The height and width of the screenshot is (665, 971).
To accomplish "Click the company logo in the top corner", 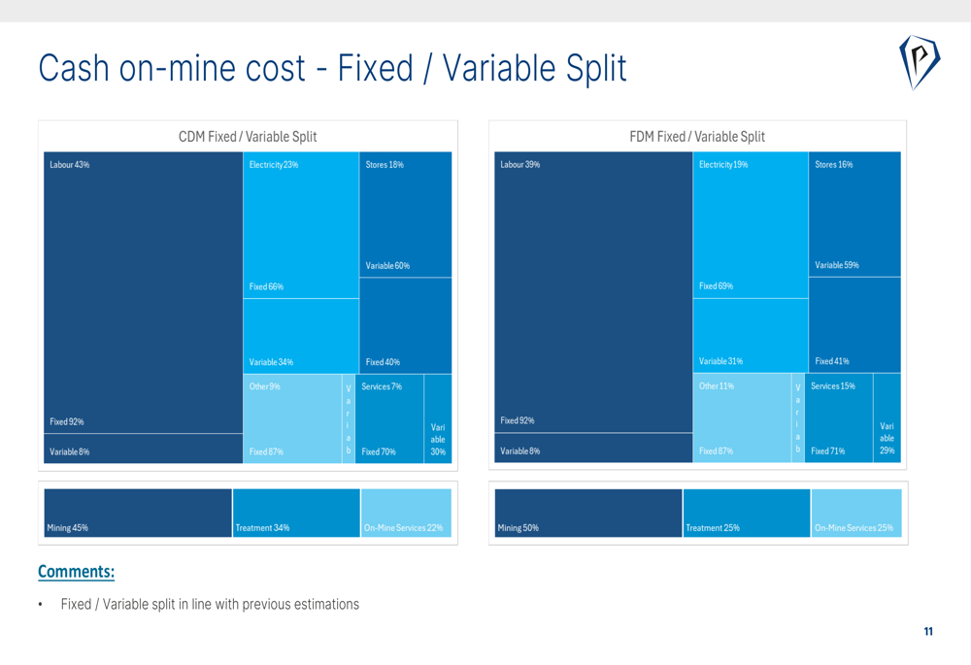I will click(x=919, y=62).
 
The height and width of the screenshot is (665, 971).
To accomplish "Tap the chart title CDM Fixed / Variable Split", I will click(x=248, y=137).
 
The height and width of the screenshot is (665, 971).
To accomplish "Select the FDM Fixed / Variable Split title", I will click(x=697, y=137).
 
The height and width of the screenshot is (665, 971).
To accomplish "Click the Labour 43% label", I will click(x=70, y=165).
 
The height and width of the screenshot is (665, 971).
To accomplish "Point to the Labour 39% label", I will click(x=519, y=165).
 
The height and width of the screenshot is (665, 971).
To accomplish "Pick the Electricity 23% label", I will click(x=274, y=165).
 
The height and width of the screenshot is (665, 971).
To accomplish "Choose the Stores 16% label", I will click(x=834, y=165).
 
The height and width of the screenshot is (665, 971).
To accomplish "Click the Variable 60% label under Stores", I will click(x=387, y=266).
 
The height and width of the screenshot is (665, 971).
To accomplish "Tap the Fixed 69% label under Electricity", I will click(x=716, y=286).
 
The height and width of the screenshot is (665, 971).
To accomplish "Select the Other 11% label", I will click(x=717, y=386).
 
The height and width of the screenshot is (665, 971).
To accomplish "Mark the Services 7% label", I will click(x=382, y=387).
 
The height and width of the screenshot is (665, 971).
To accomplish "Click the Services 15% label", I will click(x=833, y=386).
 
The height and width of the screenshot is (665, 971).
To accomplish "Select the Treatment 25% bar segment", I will click(x=746, y=513).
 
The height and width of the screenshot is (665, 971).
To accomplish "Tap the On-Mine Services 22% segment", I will click(x=405, y=513).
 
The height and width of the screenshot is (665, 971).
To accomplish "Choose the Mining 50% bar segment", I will click(x=587, y=513).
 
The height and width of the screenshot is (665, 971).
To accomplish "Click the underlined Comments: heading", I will click(x=76, y=572).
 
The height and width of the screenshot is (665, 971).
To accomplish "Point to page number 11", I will click(x=928, y=632).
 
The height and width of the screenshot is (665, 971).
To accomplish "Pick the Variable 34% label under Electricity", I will click(x=271, y=363).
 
